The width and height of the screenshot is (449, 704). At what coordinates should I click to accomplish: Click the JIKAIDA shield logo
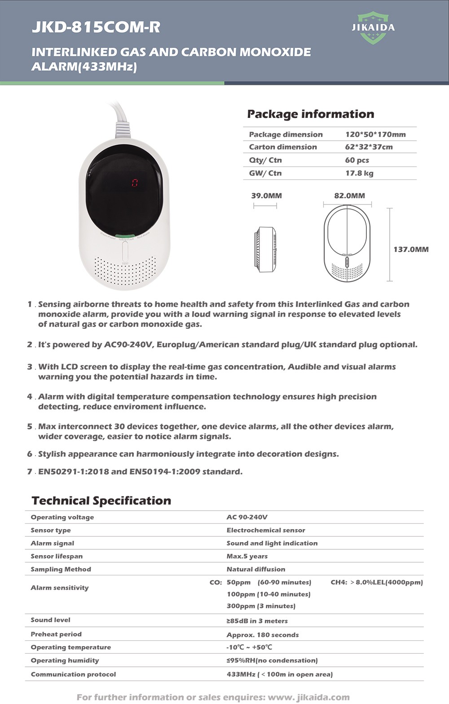pos(373,28)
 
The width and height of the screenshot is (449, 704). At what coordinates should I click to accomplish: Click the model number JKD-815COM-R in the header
pos(96,27)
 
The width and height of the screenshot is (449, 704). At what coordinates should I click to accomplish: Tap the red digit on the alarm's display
pos(134,183)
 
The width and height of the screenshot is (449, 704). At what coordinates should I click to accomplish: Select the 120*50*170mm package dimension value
pos(375,135)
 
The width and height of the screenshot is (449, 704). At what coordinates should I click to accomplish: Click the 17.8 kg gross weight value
pos(359,173)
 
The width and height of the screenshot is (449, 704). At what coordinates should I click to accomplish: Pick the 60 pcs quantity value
pos(357,160)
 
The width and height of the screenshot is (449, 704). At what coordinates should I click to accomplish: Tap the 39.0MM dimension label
pos(266,196)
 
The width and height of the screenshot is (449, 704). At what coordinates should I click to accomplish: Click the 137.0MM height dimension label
pos(411,249)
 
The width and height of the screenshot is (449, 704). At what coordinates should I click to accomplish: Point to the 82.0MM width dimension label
pos(349,196)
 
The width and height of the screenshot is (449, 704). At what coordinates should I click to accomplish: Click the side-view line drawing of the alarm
pos(265,249)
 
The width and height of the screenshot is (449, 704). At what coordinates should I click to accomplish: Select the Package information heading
pos(310,114)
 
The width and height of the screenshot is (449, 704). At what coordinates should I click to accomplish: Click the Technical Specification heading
pos(101,501)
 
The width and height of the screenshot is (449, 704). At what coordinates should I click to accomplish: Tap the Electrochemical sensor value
pos(266,530)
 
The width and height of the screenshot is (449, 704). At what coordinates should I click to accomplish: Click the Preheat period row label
pos(56,634)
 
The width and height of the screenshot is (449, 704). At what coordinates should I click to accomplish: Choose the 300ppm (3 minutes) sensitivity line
pos(261,606)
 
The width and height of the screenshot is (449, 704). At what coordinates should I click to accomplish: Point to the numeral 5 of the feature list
pos(30,426)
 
